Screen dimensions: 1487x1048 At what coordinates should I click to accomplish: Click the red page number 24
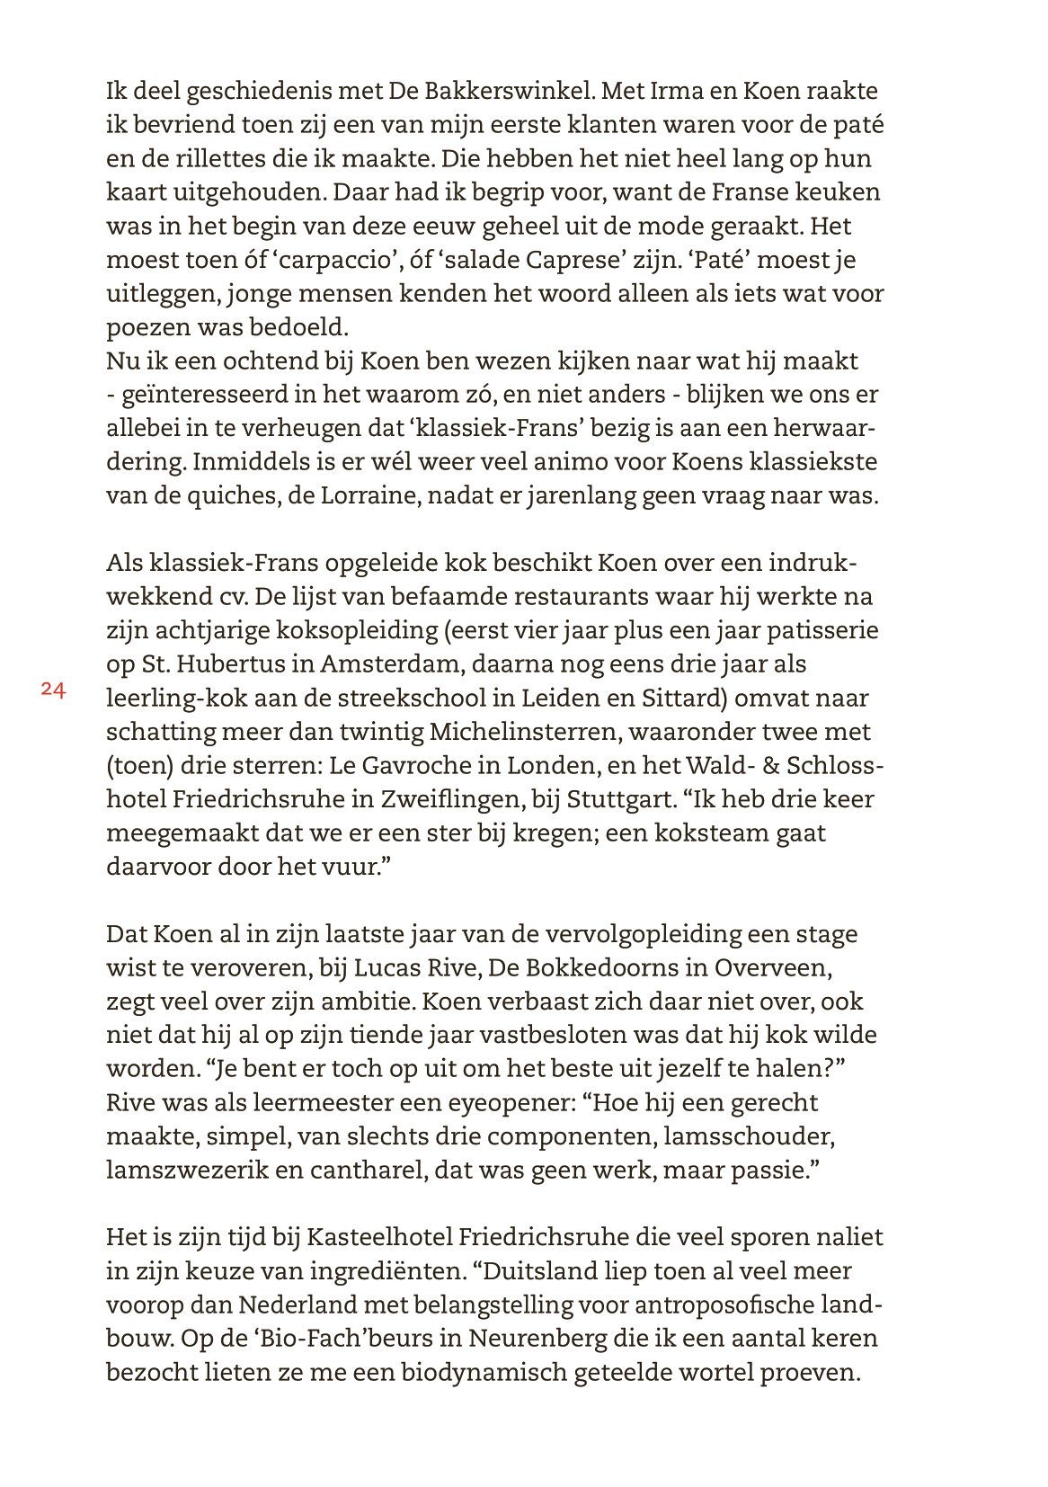(x=53, y=690)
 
